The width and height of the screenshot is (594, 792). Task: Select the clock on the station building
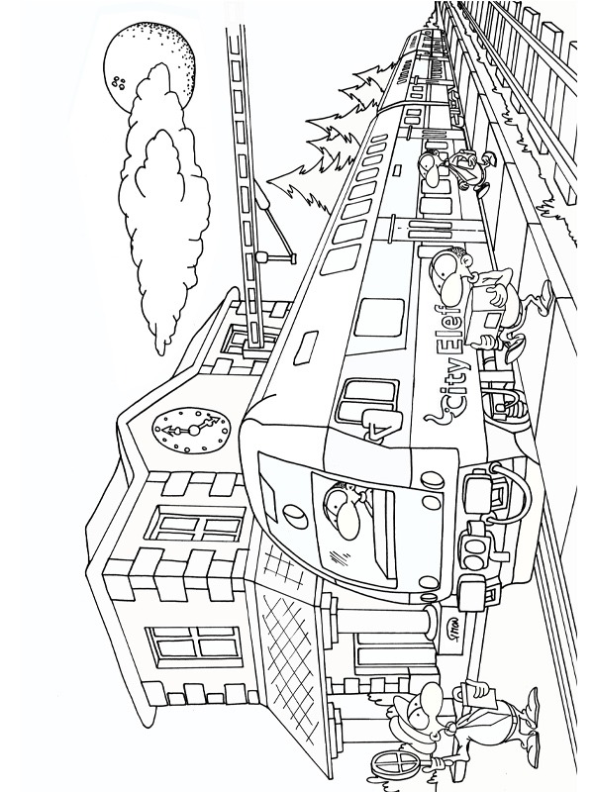click(190, 429)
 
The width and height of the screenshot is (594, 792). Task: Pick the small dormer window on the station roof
click(238, 338)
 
